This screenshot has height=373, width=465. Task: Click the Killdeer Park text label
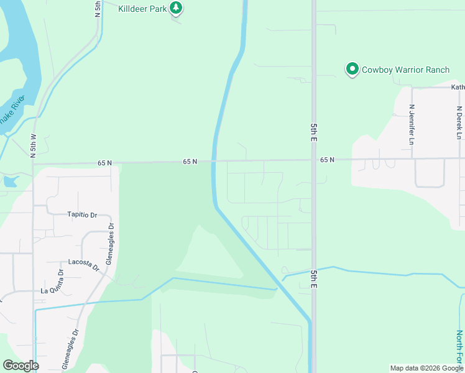144,8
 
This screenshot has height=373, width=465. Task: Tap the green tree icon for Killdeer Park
177,7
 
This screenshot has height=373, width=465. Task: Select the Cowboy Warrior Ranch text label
405,70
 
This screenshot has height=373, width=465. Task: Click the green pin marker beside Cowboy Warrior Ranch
352,68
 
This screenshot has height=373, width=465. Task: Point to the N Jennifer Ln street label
412,124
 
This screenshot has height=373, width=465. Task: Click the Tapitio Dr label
82,214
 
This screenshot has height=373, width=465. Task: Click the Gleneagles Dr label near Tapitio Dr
110,244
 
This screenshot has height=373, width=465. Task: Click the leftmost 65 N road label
104,163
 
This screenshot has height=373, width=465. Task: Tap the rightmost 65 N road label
328,160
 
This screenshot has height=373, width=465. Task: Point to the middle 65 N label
190,162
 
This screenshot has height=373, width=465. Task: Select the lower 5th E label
314,279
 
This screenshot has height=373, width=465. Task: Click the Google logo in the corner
21,365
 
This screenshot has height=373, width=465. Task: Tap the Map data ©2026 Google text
427,368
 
